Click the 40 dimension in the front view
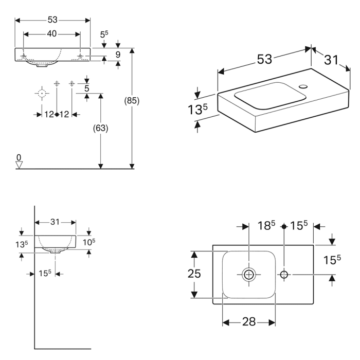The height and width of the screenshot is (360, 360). [x=52, y=33]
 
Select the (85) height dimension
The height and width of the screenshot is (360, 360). [x=132, y=101]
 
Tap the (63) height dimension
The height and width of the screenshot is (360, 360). [x=101, y=129]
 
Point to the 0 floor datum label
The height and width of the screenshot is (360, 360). [x=19, y=157]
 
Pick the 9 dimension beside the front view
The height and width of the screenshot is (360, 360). [x=118, y=54]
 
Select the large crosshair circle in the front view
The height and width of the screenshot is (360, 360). [x=42, y=94]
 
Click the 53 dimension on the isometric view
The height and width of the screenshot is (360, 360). [x=264, y=59]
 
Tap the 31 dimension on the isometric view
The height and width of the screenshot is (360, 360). [x=331, y=60]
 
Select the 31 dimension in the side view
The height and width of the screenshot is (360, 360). [x=55, y=222]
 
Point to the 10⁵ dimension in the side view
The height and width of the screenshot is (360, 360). [x=89, y=241]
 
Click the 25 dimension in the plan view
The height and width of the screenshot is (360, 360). [x=193, y=274]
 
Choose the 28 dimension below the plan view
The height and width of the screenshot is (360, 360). [x=248, y=322]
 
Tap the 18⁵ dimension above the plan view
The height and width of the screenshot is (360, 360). [x=266, y=225]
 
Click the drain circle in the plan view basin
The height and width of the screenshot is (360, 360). [x=249, y=275]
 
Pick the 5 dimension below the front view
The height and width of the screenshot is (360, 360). [x=87, y=88]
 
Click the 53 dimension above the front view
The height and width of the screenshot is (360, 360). [x=52, y=20]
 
